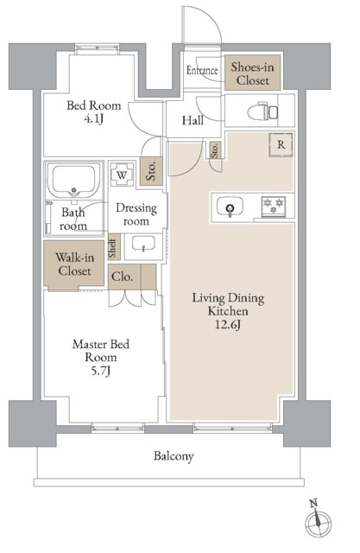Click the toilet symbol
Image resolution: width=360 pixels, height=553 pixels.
click(262, 111)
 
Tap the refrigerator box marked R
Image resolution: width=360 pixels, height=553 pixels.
click(281, 144)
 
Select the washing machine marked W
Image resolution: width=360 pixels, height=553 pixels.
click(122, 174)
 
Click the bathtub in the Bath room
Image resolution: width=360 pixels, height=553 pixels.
click(73, 181)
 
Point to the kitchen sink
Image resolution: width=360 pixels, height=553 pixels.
click(230, 207)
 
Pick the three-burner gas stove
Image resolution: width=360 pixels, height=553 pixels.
click(274, 207)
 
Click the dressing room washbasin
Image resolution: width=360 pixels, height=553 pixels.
click(143, 245)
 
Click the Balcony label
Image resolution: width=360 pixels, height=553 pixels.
click(174, 456)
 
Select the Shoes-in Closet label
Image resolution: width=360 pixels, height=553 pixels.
click(253, 73)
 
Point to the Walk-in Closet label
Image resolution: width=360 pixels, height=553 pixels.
click(75, 264)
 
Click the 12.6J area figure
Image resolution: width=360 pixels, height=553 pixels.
click(228, 325)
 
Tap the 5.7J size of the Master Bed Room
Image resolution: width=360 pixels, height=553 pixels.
click(101, 371)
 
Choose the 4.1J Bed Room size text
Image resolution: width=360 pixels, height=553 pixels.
click(94, 119)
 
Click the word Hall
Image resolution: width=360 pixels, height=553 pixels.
click(193, 121)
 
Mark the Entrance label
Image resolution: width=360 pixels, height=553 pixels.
click(202, 70)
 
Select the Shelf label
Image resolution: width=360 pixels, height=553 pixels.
click(113, 247)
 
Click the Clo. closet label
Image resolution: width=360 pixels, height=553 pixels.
click(123, 276)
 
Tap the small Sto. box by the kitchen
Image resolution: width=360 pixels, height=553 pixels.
click(215, 150)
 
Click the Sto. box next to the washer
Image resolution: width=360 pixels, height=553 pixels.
click(151, 171)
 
